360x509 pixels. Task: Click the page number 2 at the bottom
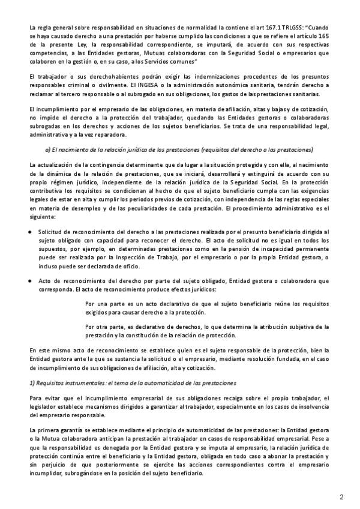pos(341,497)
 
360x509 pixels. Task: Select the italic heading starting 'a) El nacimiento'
pos(179,149)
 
